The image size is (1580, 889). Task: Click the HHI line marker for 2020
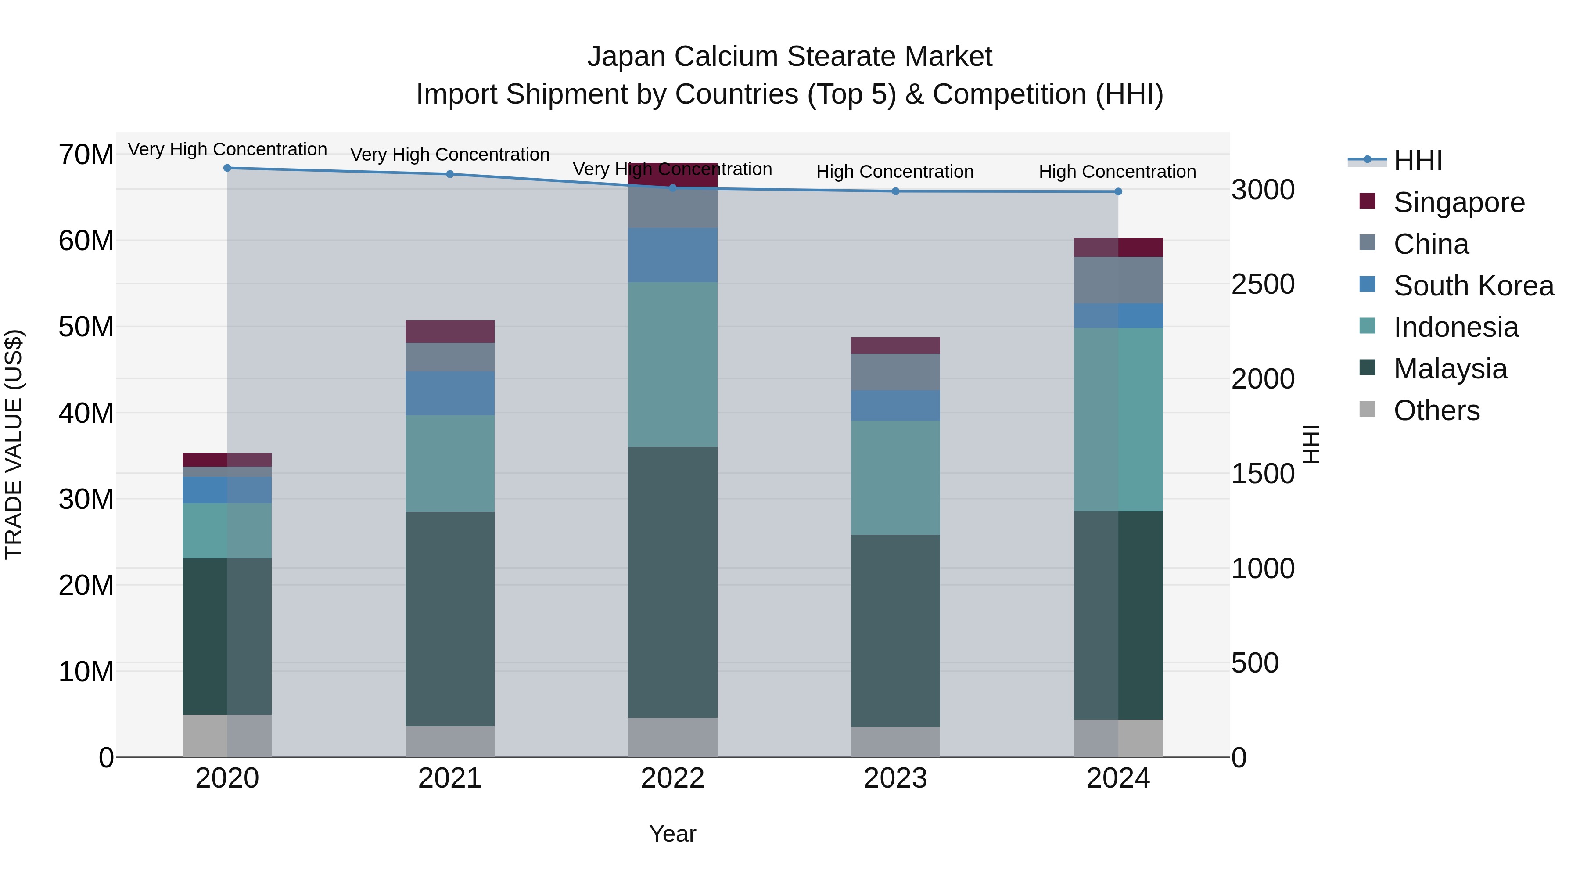227,168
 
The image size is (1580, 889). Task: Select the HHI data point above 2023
895,191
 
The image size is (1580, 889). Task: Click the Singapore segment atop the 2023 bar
895,346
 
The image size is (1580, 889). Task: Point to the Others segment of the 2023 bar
895,742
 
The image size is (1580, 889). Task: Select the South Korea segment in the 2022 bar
672,255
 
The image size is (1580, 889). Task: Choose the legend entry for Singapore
1458,202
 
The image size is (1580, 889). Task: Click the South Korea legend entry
1472,286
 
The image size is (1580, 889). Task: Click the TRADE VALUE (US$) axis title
14,444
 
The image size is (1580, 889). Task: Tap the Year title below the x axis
672,834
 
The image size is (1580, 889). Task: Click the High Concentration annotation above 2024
1117,172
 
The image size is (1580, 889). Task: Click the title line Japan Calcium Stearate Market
790,57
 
